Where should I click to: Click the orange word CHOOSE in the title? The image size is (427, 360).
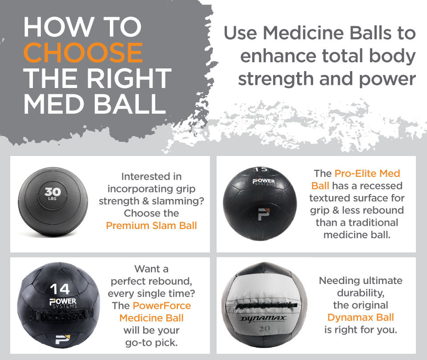[83, 52]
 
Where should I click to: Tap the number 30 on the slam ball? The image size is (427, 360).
[53, 192]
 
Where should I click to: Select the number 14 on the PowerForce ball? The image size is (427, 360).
[60, 289]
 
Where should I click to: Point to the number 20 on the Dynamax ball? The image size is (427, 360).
[265, 329]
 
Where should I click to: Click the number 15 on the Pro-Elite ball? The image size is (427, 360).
[261, 169]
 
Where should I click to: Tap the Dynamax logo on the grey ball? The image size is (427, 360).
[263, 318]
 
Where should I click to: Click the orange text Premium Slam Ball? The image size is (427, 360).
[151, 226]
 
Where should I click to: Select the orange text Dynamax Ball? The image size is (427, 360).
[361, 317]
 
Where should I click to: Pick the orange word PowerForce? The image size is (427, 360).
[162, 306]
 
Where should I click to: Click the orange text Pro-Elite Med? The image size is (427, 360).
[367, 173]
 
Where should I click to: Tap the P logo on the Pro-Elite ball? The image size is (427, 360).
[264, 214]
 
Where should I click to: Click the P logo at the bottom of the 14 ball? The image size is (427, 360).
[63, 339]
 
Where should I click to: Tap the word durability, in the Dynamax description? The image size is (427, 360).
[361, 293]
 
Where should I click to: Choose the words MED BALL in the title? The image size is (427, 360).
[95, 104]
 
